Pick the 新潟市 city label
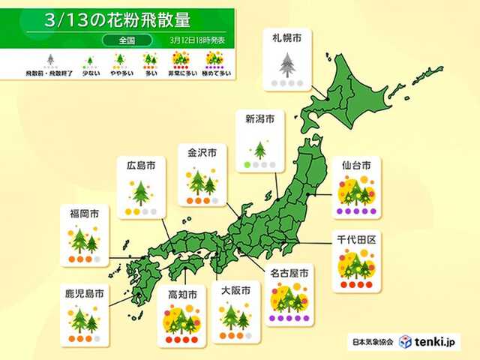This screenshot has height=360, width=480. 259,118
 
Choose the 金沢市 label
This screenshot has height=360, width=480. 202,152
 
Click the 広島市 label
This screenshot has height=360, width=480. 139,164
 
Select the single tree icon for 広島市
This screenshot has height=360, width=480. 139,193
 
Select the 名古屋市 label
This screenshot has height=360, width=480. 287,271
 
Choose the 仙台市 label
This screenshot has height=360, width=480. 356,163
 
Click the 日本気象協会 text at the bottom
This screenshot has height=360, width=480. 373,342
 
